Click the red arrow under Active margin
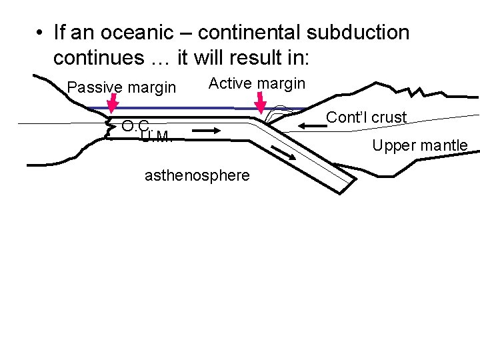pyautogui.click(x=261, y=102)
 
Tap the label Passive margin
pyautogui.click(x=122, y=87)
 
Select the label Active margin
pyautogui.click(x=257, y=83)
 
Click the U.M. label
pyautogui.click(x=156, y=137)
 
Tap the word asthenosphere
pyautogui.click(x=197, y=175)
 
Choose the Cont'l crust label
pyautogui.click(x=366, y=117)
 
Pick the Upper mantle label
pyautogui.click(x=420, y=145)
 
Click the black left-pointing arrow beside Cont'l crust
pyautogui.click(x=312, y=125)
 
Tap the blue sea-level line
pyautogui.click(x=187, y=109)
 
